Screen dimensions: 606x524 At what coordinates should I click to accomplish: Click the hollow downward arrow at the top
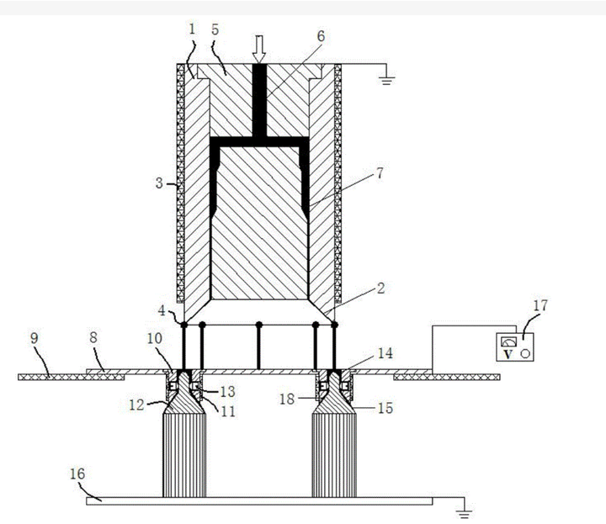click(259, 49)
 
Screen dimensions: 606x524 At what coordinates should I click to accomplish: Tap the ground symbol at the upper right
click(387, 80)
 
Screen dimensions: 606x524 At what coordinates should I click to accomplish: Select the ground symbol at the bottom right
click(464, 514)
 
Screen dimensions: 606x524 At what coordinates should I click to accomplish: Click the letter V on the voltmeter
click(508, 354)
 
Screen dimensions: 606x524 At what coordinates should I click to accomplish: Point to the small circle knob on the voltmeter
click(525, 353)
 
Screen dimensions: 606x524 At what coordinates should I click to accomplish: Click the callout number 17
click(540, 305)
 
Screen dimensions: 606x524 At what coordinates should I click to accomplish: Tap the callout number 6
click(321, 36)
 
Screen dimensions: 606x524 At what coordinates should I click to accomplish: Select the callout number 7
click(380, 173)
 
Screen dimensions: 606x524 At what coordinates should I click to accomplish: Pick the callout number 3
click(159, 183)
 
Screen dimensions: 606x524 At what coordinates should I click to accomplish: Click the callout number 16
click(77, 474)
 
